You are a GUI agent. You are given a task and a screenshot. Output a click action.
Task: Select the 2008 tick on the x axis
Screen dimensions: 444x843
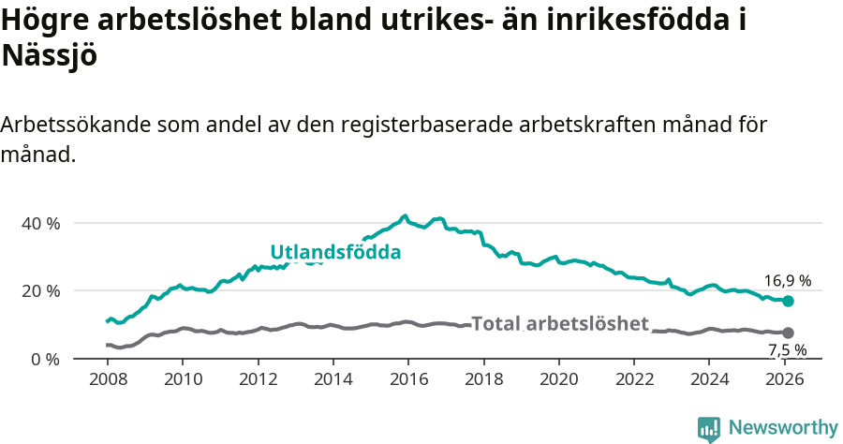(x=108, y=379)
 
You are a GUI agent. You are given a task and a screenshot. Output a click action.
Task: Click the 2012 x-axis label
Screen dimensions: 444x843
(x=258, y=379)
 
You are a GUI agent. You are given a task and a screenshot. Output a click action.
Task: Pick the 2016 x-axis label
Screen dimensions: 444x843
(x=408, y=379)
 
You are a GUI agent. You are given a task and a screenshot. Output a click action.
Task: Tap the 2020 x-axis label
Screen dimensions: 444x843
(x=558, y=379)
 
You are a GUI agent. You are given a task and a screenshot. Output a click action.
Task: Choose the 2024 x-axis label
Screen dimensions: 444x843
(x=709, y=379)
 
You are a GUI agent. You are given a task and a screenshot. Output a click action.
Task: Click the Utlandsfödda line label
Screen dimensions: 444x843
(x=335, y=253)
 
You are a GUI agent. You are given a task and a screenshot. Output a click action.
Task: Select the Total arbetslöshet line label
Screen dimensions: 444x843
(x=559, y=324)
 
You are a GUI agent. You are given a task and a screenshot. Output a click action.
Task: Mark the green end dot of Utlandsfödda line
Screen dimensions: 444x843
(x=788, y=301)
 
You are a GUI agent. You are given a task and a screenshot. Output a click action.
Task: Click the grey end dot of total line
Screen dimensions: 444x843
(x=788, y=333)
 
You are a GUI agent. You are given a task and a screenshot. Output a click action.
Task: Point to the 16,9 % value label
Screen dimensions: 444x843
(x=787, y=280)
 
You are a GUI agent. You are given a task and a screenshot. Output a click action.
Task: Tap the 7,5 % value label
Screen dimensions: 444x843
(x=787, y=350)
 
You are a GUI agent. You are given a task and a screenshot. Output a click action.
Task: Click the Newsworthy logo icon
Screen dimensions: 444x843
(x=709, y=429)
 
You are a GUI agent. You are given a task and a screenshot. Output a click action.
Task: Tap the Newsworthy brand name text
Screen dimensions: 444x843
(x=783, y=428)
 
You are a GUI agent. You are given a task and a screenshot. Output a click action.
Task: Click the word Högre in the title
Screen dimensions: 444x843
(x=42, y=21)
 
